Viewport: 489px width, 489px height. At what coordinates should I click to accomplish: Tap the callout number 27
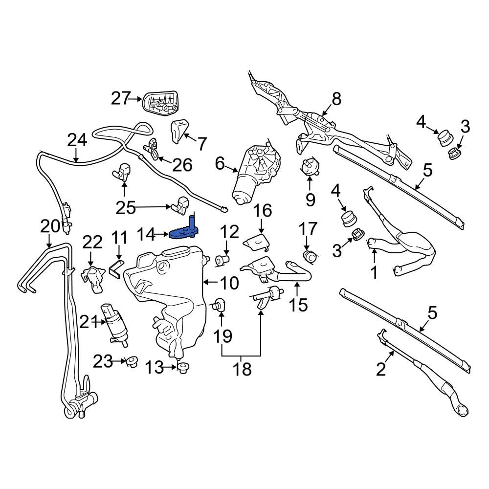click(x=120, y=99)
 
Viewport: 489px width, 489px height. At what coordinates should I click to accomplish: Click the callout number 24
click(x=77, y=140)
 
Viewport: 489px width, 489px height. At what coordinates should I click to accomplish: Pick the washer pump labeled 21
click(x=114, y=324)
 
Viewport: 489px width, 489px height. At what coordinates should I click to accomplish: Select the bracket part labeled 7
click(x=179, y=131)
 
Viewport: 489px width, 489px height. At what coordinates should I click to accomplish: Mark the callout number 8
click(x=337, y=99)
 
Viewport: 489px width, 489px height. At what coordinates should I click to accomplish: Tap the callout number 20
click(x=50, y=226)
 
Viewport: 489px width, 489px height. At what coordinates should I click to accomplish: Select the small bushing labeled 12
click(x=222, y=260)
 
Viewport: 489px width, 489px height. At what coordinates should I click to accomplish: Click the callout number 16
click(x=262, y=211)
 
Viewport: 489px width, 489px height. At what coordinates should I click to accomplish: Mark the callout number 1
click(x=374, y=272)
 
